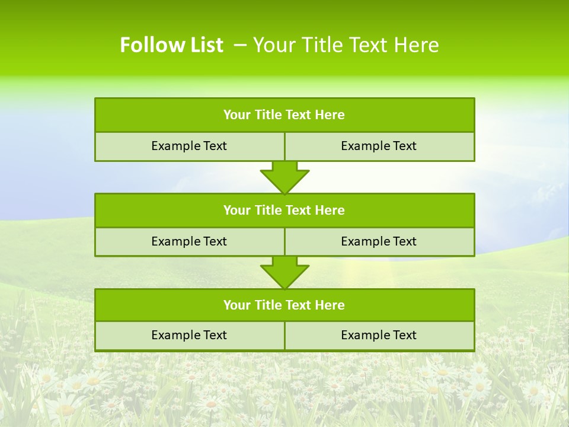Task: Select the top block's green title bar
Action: pos(284,115)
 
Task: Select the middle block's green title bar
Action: pos(284,211)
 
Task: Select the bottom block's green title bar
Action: pos(284,305)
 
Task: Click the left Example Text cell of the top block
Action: pos(189,146)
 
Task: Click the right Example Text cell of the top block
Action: pos(379,146)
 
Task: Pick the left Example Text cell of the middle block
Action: pos(189,242)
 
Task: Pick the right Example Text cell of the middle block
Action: pos(379,242)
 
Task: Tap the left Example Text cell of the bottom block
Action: pos(189,336)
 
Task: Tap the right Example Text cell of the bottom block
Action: pos(379,336)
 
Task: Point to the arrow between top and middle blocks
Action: pos(284,177)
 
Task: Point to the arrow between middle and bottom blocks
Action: pos(284,272)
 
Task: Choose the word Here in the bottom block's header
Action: pos(330,305)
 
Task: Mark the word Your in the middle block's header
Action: pos(237,211)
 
